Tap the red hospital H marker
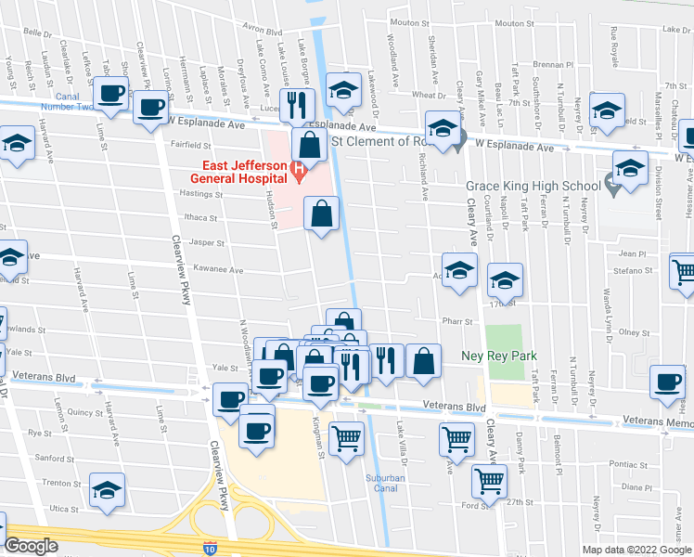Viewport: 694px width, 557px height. (x=298, y=168)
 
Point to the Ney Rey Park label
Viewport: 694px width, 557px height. (x=499, y=356)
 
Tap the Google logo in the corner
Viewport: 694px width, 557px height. (x=32, y=546)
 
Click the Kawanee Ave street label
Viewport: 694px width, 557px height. (x=218, y=270)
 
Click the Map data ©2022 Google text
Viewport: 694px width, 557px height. (x=636, y=549)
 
